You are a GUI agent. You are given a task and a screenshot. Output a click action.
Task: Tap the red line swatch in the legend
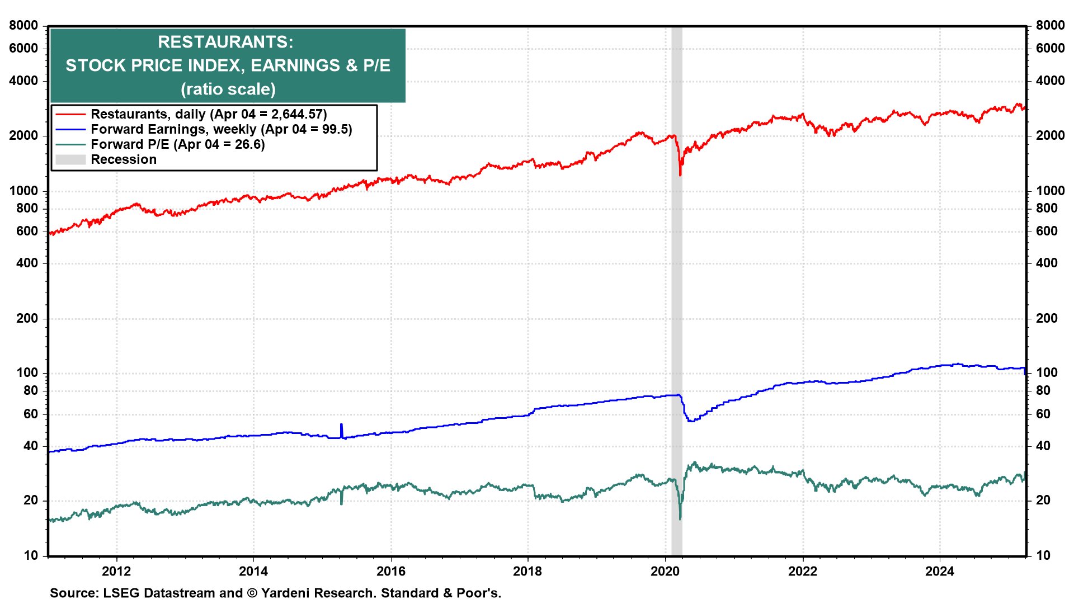pyautogui.click(x=70, y=114)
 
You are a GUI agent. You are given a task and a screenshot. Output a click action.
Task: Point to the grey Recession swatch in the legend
pyautogui.click(x=70, y=159)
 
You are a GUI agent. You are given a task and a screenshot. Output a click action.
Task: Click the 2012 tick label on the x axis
pyautogui.click(x=116, y=571)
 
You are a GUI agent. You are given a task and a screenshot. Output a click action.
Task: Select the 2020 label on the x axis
pyautogui.click(x=665, y=571)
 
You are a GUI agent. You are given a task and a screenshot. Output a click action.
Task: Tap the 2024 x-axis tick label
pyautogui.click(x=939, y=571)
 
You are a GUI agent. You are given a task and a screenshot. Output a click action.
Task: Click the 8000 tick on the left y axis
pyautogui.click(x=23, y=25)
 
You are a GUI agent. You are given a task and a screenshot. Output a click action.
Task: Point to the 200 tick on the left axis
pyautogui.click(x=27, y=318)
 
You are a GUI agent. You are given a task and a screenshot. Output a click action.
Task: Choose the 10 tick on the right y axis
pyautogui.click(x=1043, y=555)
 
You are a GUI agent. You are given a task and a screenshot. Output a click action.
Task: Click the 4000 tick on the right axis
pyautogui.click(x=1050, y=81)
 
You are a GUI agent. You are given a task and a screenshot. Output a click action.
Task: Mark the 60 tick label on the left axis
pyautogui.click(x=31, y=414)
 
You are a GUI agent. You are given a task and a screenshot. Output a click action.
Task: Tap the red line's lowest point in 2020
pyautogui.click(x=680, y=174)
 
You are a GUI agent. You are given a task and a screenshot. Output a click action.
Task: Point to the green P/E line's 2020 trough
pyautogui.click(x=680, y=518)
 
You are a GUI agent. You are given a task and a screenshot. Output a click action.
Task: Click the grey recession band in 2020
pyautogui.click(x=677, y=280)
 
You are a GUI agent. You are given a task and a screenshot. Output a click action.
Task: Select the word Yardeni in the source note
pyautogui.click(x=284, y=593)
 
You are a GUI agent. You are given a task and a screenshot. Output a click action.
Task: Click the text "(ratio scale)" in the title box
pyautogui.click(x=228, y=89)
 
